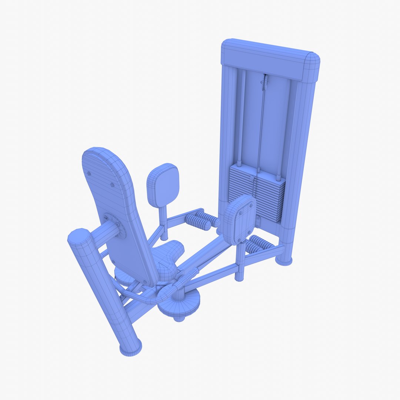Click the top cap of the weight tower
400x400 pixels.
(270, 59)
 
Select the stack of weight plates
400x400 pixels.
(257, 193)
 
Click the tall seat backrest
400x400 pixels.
(115, 207)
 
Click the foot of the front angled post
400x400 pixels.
(130, 346)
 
